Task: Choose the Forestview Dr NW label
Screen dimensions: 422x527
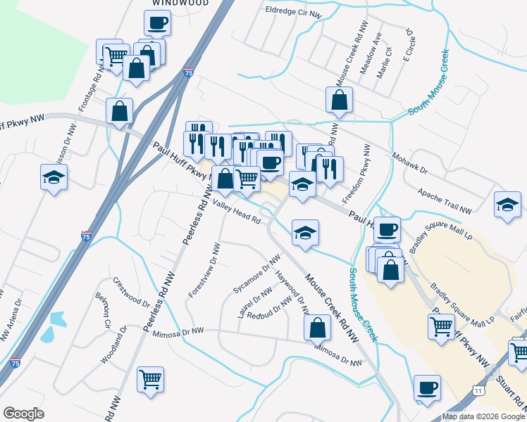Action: pos(204,270)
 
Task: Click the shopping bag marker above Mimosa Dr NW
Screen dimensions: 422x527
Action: pos(317,327)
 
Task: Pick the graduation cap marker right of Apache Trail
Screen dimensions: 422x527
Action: pos(507,204)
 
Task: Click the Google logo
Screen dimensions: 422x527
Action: pos(23,414)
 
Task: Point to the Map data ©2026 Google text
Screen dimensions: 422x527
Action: pos(483,416)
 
